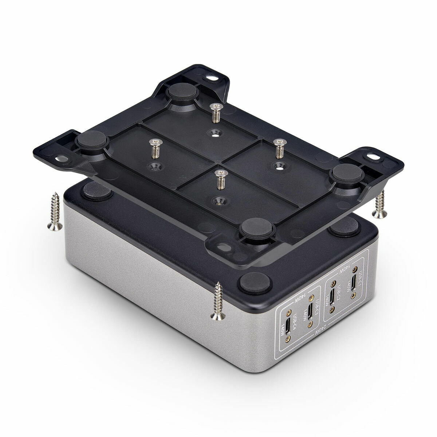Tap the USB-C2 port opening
[x=332, y=297]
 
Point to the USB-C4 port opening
[x=287, y=326]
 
